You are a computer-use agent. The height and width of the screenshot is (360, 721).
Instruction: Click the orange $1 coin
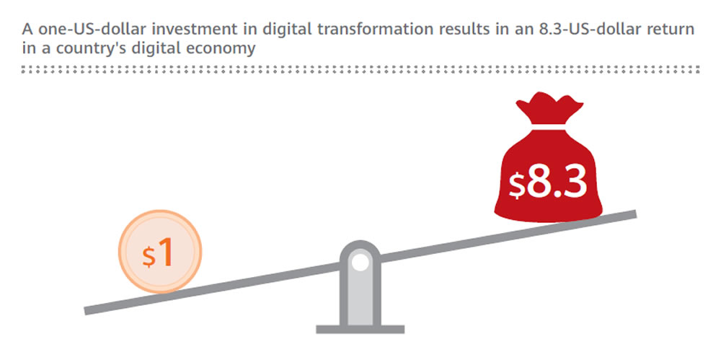coord(160,251)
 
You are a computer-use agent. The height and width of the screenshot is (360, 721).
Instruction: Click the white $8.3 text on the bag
coord(548,182)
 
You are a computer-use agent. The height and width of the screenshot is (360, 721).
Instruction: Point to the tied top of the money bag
coord(549,107)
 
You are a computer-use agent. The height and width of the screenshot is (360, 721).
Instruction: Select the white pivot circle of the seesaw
coord(360,263)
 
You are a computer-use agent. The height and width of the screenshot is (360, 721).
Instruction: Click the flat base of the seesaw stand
coord(360,329)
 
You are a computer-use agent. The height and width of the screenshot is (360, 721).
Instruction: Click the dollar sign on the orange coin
coord(149,257)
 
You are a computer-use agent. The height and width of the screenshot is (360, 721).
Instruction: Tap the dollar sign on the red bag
coord(516,185)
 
